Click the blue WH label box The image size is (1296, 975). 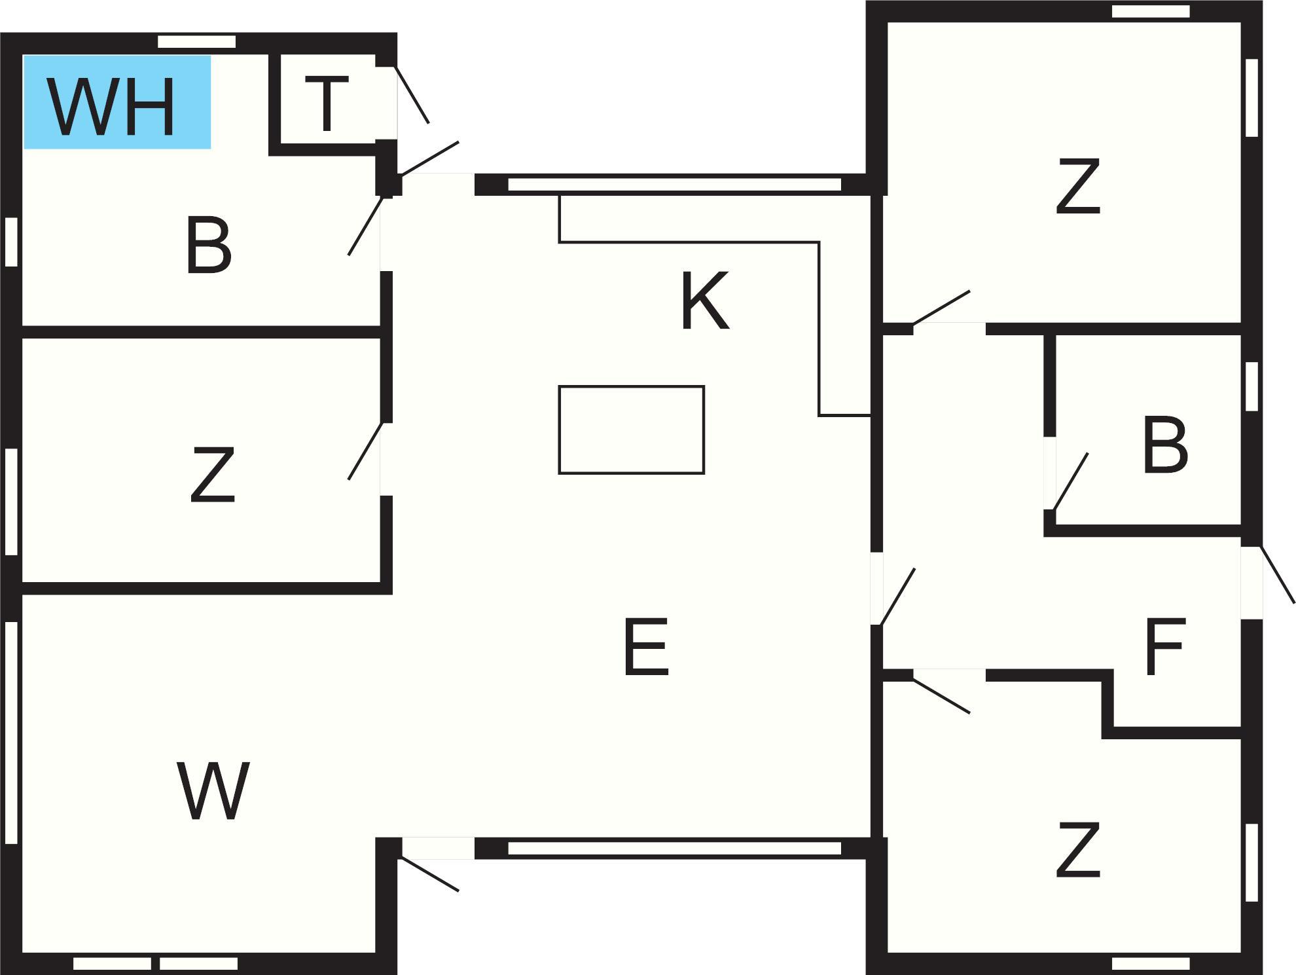click(x=117, y=102)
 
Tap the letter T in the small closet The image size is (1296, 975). click(x=327, y=103)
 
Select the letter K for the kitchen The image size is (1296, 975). click(x=705, y=301)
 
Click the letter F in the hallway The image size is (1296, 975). click(x=1165, y=646)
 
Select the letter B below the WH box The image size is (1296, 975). click(x=209, y=246)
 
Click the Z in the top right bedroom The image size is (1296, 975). click(x=1078, y=187)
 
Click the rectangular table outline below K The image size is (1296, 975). click(x=631, y=430)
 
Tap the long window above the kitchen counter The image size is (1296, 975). click(x=674, y=185)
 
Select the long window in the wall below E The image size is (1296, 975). click(x=674, y=849)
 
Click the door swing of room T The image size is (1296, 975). click(x=412, y=94)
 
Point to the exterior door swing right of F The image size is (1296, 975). click(x=1278, y=574)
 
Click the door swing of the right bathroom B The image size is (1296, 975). click(x=1070, y=481)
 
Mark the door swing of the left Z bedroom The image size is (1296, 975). click(x=365, y=452)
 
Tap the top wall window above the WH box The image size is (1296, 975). click(x=196, y=42)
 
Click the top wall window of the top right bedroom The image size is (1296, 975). click(x=1151, y=11)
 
